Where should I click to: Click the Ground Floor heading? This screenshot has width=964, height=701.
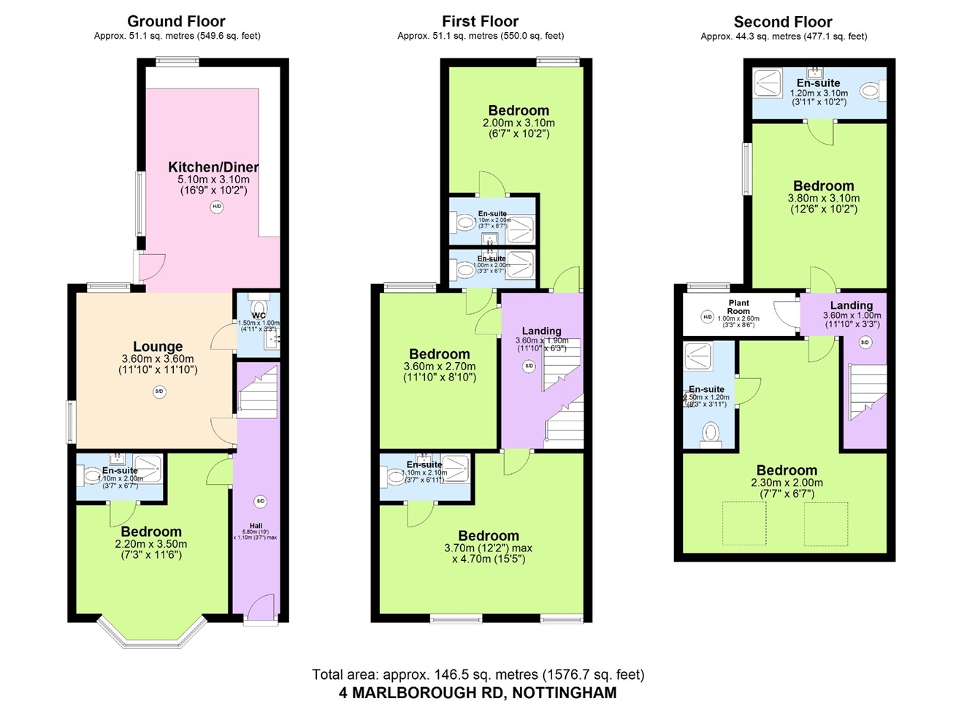click(176, 21)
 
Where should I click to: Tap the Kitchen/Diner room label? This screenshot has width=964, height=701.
click(213, 167)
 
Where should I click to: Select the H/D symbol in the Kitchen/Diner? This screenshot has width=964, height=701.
click(217, 207)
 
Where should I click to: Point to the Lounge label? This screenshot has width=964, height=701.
click(158, 347)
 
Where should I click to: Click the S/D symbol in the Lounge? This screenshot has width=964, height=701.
click(159, 392)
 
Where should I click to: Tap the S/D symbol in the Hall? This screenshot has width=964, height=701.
click(260, 502)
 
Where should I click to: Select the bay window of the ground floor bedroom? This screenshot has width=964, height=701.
click(151, 633)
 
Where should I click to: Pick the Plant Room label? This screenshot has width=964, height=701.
click(738, 307)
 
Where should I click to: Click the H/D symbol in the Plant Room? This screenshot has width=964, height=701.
click(707, 317)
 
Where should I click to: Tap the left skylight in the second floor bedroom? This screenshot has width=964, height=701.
click(744, 524)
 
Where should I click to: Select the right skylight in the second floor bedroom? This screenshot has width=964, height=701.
click(826, 524)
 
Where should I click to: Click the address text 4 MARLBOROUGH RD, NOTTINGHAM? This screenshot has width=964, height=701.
click(478, 692)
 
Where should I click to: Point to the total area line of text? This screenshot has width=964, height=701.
click(478, 675)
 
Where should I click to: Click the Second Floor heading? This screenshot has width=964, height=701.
click(783, 22)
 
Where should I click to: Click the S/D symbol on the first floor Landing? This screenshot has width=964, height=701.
click(529, 367)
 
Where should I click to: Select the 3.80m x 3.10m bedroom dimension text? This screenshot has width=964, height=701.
click(823, 198)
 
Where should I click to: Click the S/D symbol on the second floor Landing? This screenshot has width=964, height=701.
click(865, 342)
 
